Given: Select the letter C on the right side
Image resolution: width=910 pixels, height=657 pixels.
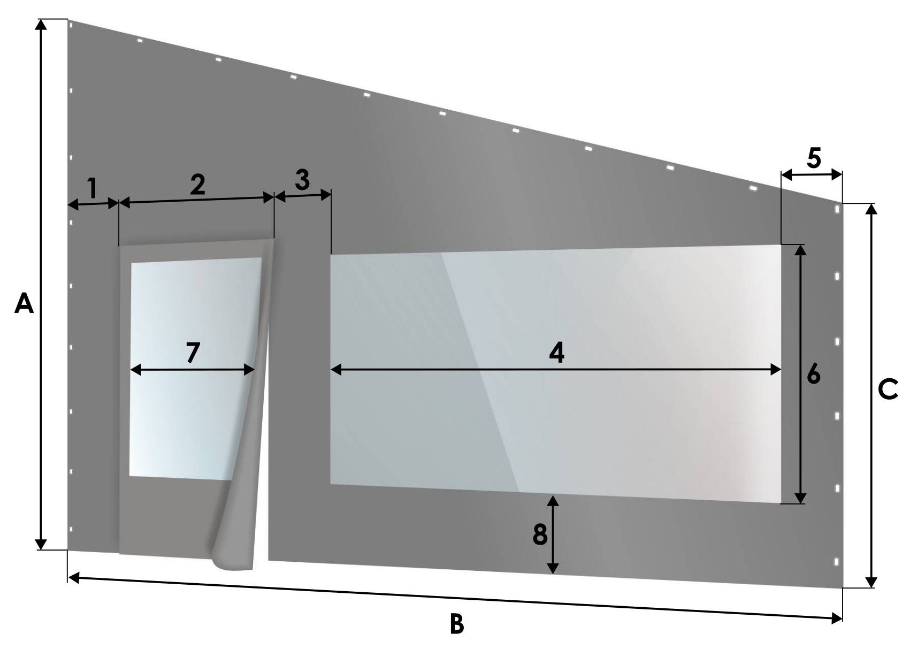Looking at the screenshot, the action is [x=888, y=389].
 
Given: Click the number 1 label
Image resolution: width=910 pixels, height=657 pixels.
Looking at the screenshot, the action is [x=93, y=188].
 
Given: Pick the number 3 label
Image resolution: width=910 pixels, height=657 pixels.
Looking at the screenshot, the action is [x=302, y=180].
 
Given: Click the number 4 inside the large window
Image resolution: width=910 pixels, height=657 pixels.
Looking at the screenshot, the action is [x=556, y=352].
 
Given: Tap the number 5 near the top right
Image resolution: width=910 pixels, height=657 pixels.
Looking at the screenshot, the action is [x=814, y=158].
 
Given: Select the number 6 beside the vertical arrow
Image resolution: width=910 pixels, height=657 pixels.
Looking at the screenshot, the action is [x=814, y=374].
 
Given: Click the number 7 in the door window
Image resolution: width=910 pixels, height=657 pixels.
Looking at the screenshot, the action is [x=193, y=352].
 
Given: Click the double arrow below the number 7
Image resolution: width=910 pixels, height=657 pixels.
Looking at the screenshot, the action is [x=193, y=370].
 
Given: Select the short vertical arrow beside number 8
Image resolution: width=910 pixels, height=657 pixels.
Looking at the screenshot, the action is [x=553, y=534].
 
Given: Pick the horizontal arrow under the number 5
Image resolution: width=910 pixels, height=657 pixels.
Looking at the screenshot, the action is [x=812, y=175].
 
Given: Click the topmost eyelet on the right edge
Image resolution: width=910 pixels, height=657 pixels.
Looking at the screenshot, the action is [x=837, y=210].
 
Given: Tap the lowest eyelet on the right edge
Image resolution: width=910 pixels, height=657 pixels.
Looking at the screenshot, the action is [x=836, y=562].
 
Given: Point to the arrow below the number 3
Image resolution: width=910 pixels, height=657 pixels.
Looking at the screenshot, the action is [x=303, y=196].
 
